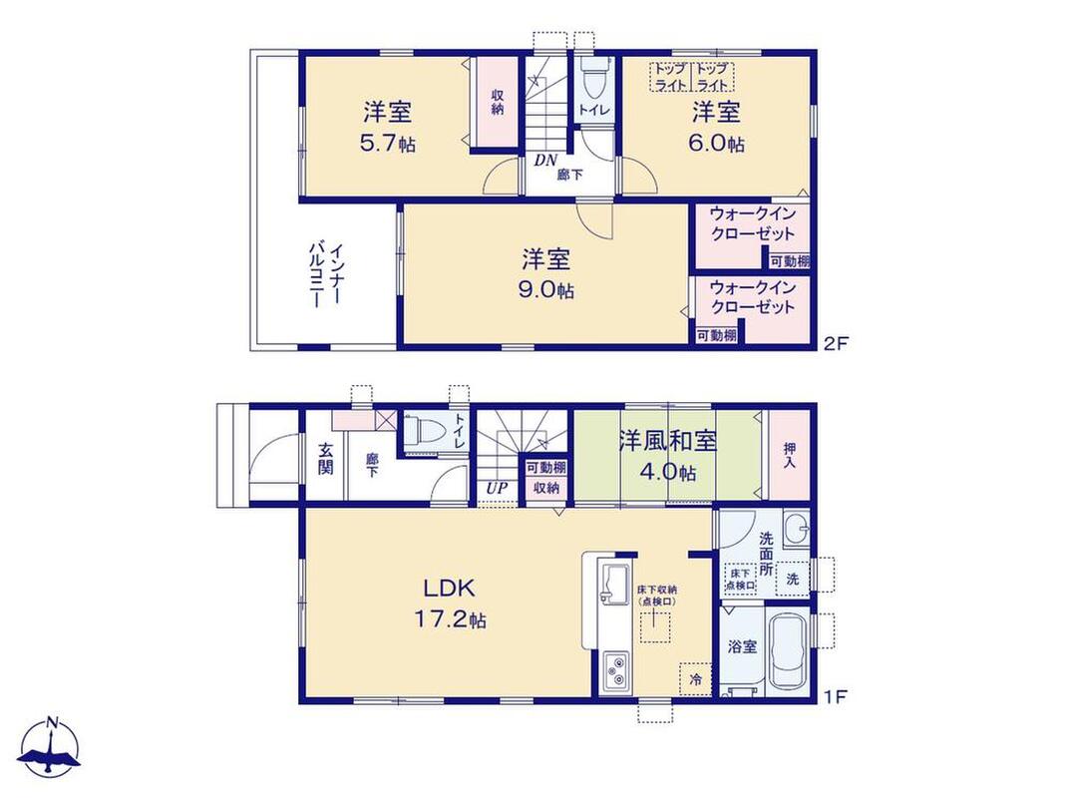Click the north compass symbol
click(x=50, y=747)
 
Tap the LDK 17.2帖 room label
click(x=450, y=602)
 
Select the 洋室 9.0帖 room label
click(x=546, y=274)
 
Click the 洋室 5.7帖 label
click(x=387, y=127)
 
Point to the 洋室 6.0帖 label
click(x=717, y=127)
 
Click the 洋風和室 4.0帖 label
click(x=667, y=455)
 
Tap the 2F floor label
click(x=836, y=343)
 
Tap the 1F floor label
click(x=836, y=697)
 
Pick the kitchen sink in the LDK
click(x=615, y=584)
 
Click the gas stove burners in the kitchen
click(x=616, y=669)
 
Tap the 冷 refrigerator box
click(x=695, y=679)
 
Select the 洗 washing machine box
click(x=793, y=580)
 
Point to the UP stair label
click(x=497, y=489)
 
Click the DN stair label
click(x=544, y=161)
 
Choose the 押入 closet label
click(x=790, y=455)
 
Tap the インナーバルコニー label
click(x=326, y=275)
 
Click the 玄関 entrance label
click(x=325, y=458)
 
